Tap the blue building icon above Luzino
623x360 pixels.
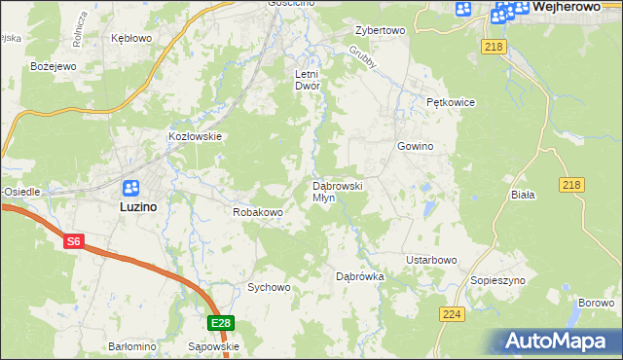pyautogui.click(x=131, y=188)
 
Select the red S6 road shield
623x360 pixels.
pyautogui.click(x=74, y=241)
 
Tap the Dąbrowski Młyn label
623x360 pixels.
pyautogui.click(x=337, y=191)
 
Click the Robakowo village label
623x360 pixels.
pyautogui.click(x=257, y=211)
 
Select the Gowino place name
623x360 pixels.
pyautogui.click(x=414, y=146)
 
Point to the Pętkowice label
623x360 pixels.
pyautogui.click(x=450, y=101)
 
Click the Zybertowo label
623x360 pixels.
pyautogui.click(x=380, y=30)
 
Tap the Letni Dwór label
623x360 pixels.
pyautogui.click(x=308, y=79)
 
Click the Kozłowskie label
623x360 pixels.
pyautogui.click(x=196, y=137)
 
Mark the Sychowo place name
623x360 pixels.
pyautogui.click(x=269, y=287)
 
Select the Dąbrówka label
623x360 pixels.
pyautogui.click(x=360, y=276)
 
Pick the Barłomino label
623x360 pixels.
pyautogui.click(x=131, y=346)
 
